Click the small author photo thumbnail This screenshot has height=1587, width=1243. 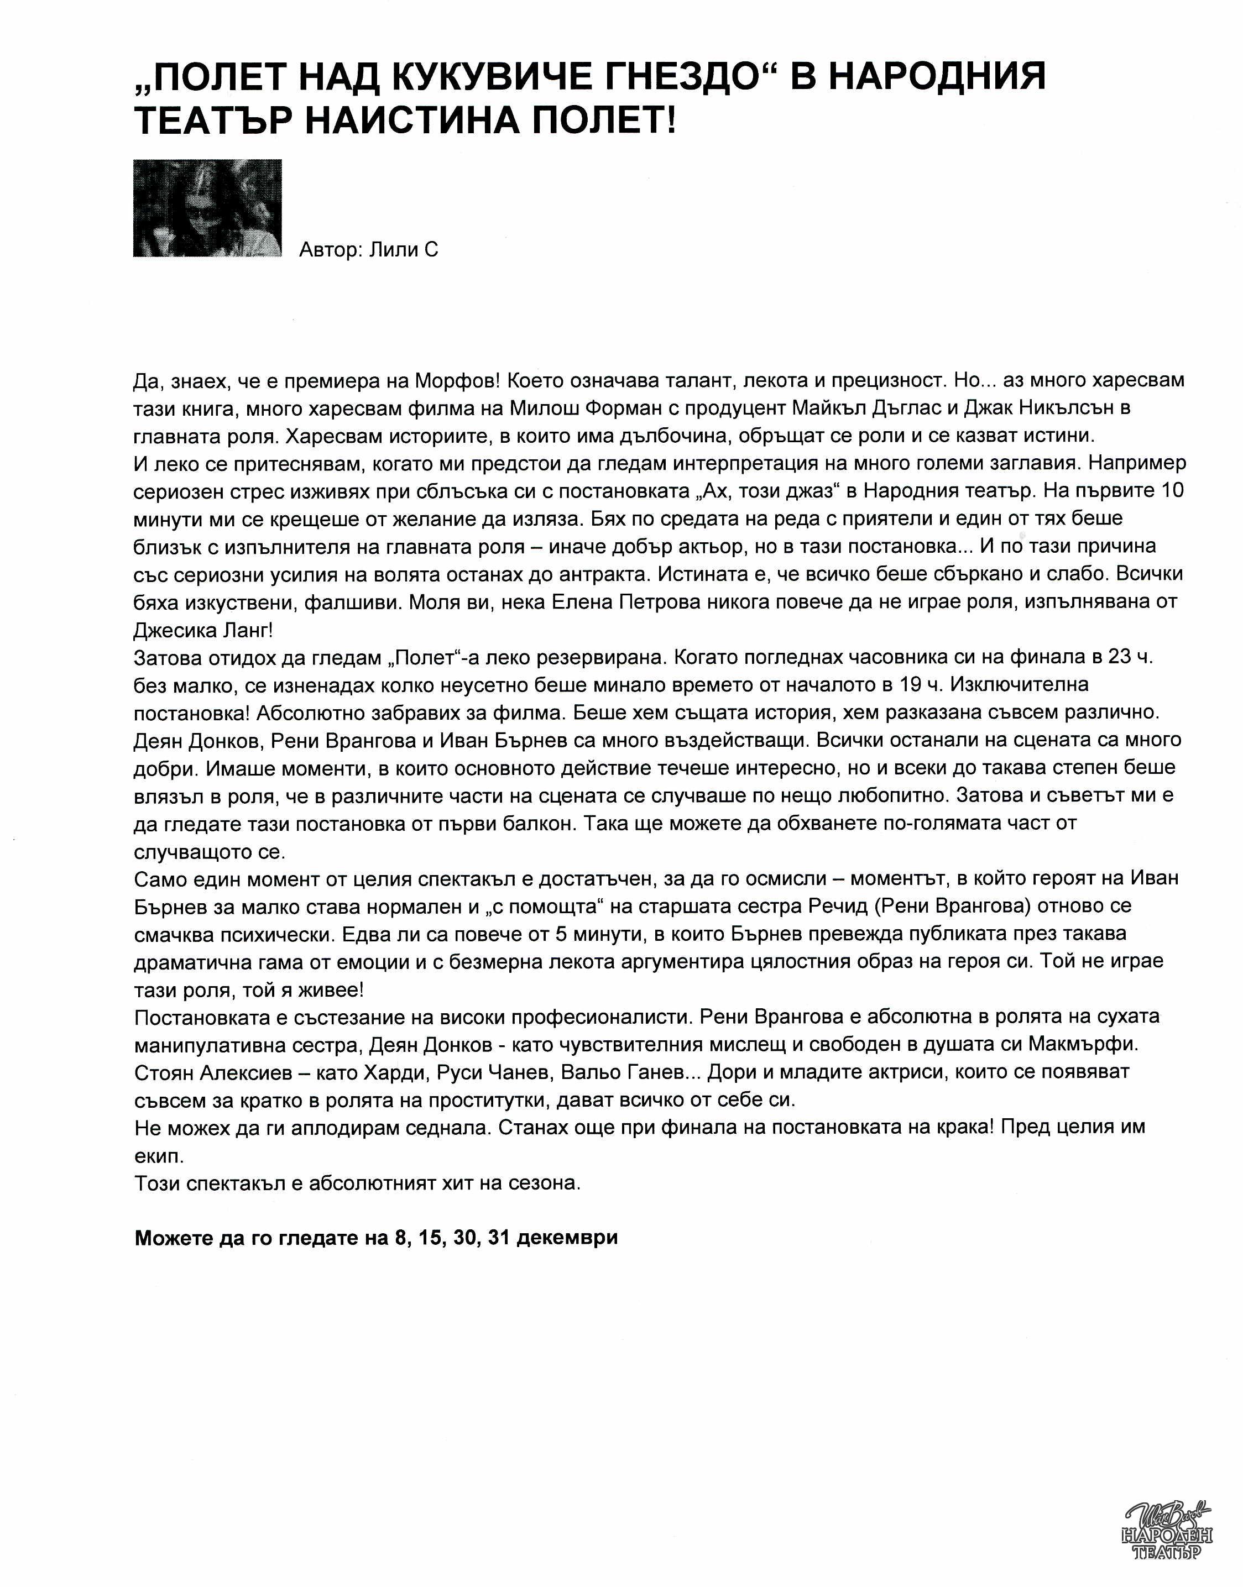207,208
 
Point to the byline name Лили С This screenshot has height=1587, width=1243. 403,250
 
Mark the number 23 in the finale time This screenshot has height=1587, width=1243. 1119,657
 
